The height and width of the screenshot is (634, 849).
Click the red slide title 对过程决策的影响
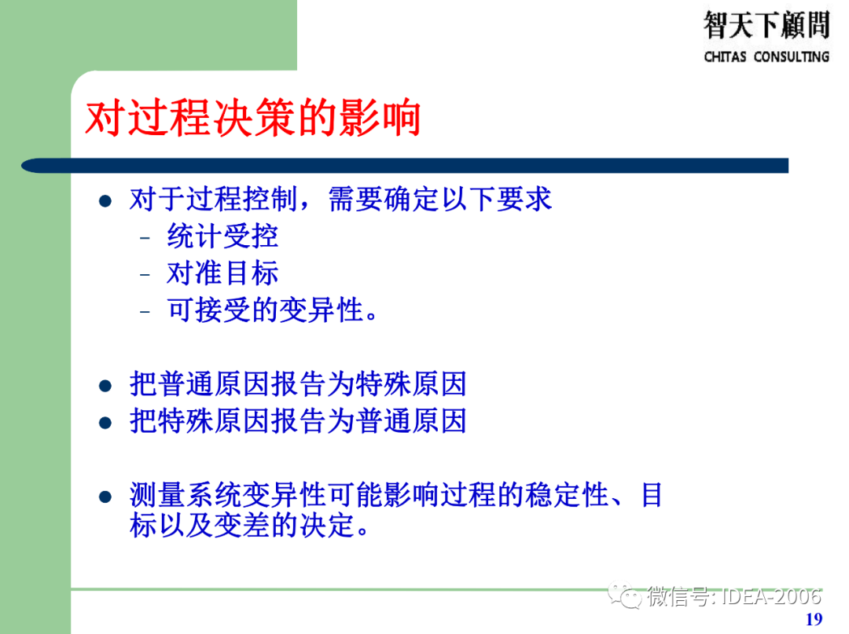[x=253, y=119]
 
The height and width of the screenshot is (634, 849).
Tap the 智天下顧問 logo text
[x=766, y=25]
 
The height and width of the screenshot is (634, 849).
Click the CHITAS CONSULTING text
[x=766, y=57]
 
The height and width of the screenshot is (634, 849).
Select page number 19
[x=814, y=619]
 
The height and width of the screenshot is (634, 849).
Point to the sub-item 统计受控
[x=222, y=236]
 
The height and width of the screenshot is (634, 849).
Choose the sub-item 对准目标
[x=222, y=273]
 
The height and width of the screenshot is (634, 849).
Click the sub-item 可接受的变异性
[x=267, y=310]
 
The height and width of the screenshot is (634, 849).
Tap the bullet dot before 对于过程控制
[x=105, y=200]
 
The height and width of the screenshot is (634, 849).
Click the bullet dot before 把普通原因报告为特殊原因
[x=105, y=386]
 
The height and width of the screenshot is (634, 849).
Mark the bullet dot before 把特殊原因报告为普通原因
[x=105, y=423]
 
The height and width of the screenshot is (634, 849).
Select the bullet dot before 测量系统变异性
[x=105, y=497]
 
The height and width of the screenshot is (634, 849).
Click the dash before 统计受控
[x=145, y=238]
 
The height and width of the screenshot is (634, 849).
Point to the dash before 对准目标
[x=145, y=275]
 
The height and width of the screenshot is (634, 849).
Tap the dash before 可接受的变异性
[x=145, y=312]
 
